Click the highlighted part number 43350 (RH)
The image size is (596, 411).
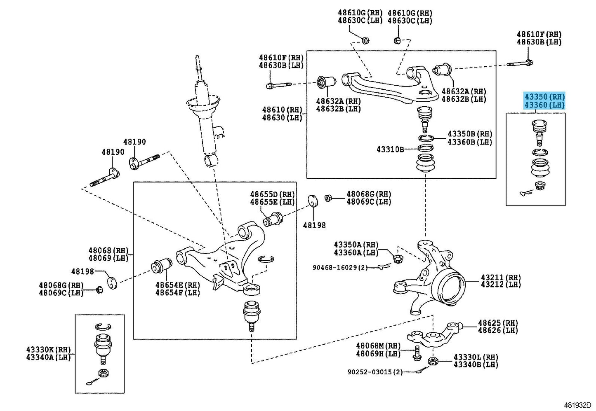pyautogui.click(x=544, y=96)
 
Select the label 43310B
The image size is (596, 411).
pyautogui.click(x=390, y=149)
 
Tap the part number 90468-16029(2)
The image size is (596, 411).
pyautogui.click(x=340, y=267)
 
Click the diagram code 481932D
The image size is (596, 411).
pyautogui.click(x=577, y=405)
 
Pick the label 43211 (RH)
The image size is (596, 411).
pyautogui.click(x=501, y=278)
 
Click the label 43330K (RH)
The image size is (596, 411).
pyautogui.click(x=48, y=349)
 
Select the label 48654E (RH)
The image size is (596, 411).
pyautogui.click(x=178, y=285)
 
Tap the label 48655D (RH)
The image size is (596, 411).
pyautogui.click(x=272, y=194)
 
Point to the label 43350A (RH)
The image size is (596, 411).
pyautogui.click(x=356, y=245)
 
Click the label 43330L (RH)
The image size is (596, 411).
pyautogui.click(x=476, y=357)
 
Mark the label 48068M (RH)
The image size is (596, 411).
pyautogui.click(x=378, y=346)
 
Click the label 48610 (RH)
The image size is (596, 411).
pyautogui.click(x=282, y=110)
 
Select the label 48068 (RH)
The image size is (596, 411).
pyautogui.click(x=108, y=250)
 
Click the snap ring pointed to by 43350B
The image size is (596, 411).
pyautogui.click(x=426, y=138)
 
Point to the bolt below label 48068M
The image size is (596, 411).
pyautogui.click(x=417, y=354)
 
